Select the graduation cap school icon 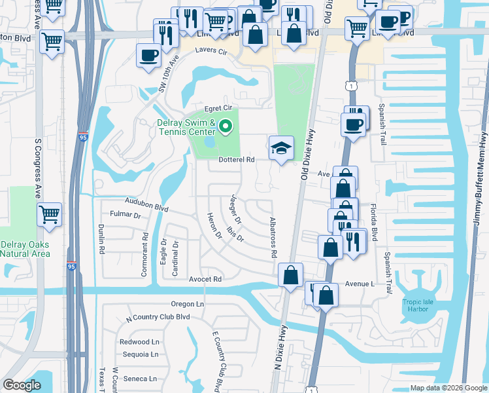pos(280,149)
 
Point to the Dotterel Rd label pos(236,159)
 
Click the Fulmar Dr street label pos(126,214)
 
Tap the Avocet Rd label pos(206,279)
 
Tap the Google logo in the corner pos(22,385)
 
